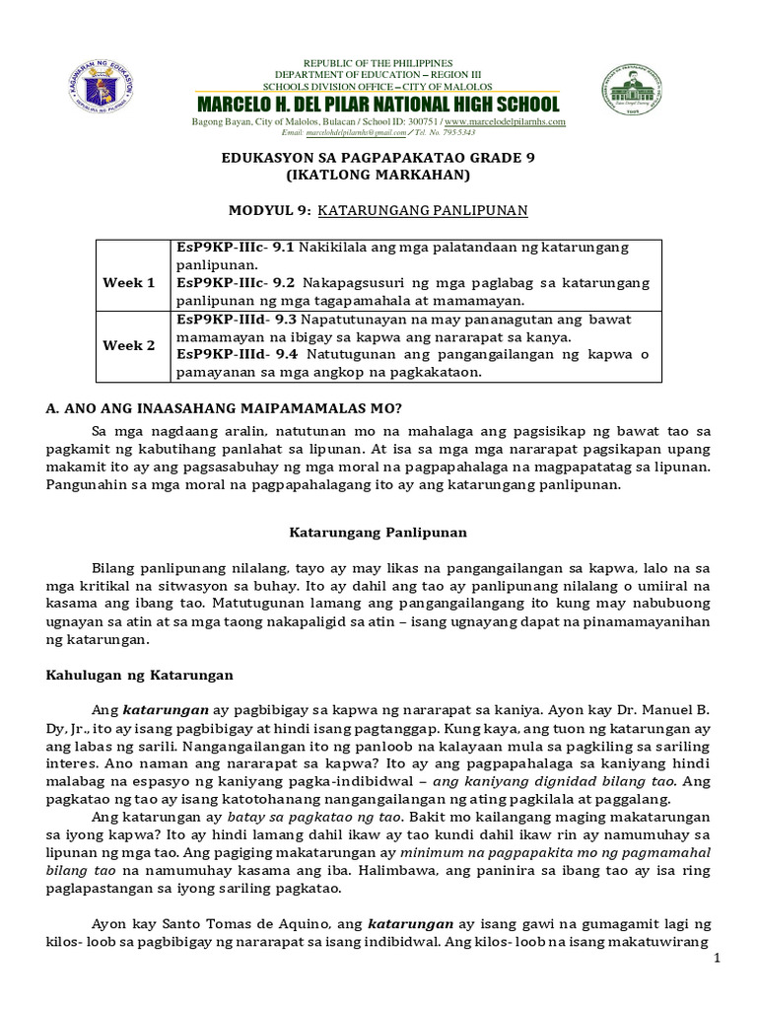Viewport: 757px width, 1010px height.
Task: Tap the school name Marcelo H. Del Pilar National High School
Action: (x=378, y=105)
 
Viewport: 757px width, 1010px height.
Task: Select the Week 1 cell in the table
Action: (x=129, y=283)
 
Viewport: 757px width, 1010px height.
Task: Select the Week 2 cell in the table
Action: (x=129, y=346)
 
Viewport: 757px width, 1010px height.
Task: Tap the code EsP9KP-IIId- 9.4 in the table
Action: (x=238, y=355)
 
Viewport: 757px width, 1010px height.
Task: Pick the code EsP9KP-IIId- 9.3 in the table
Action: (x=237, y=320)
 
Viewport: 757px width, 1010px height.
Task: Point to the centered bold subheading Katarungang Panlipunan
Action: (x=378, y=533)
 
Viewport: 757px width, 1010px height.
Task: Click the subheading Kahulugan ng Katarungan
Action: (x=139, y=674)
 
